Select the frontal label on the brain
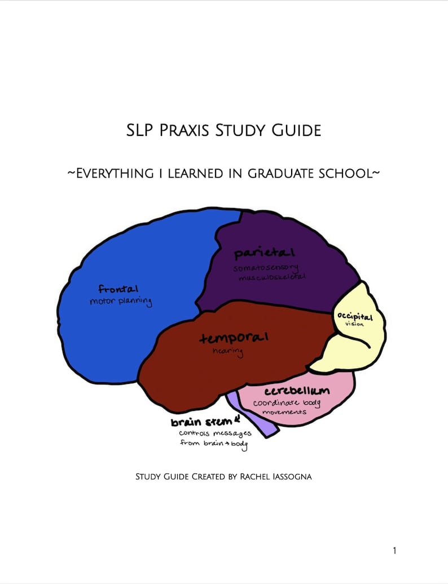tap(118, 289)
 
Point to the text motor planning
tap(121, 302)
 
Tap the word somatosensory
tap(266, 268)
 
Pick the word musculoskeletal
tap(271, 278)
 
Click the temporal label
tap(234, 338)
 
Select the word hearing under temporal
tap(227, 352)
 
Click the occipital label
tap(355, 317)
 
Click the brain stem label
tap(201, 422)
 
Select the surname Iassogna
tap(292, 477)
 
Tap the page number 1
tap(394, 551)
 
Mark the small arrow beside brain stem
tap(238, 419)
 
